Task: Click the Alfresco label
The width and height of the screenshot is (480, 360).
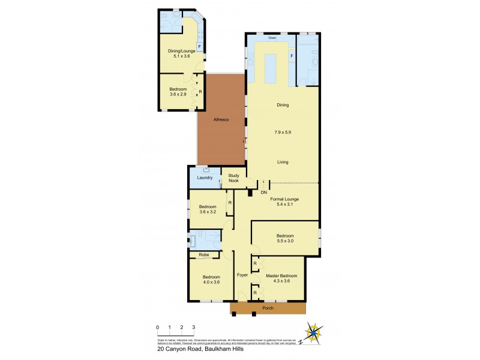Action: [x=221, y=120]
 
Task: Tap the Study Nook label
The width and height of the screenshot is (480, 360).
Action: [x=233, y=178]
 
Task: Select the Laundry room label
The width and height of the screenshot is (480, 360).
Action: [x=205, y=178]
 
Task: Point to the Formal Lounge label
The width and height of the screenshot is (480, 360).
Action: [x=284, y=199]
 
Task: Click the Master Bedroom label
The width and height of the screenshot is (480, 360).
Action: [x=281, y=276]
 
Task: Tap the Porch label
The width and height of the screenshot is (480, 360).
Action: [x=268, y=308]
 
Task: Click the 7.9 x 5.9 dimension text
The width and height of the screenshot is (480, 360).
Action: [x=283, y=132]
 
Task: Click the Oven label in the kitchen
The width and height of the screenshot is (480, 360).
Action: [x=272, y=38]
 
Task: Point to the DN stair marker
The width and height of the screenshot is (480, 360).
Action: [x=263, y=193]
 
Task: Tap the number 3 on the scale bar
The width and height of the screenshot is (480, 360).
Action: [x=194, y=327]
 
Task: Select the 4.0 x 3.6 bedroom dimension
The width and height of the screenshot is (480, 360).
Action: [x=207, y=282]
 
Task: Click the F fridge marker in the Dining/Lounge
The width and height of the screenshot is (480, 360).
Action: [x=199, y=46]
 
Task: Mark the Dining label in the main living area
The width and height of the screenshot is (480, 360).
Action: [x=283, y=105]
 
